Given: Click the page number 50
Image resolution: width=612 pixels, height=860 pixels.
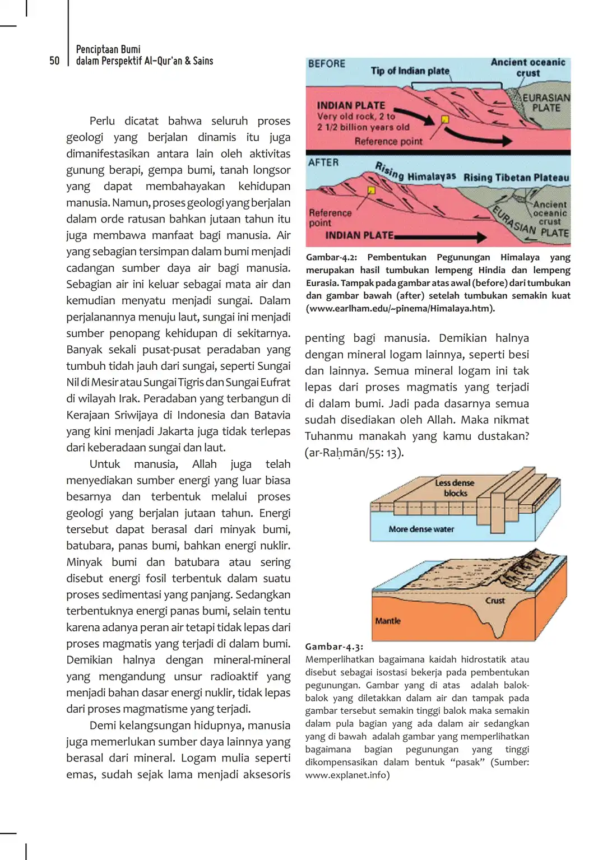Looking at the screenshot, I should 54,61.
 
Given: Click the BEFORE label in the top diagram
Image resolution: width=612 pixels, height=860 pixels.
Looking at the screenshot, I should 326,64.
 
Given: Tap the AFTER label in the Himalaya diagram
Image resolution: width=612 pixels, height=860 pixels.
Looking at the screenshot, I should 323,162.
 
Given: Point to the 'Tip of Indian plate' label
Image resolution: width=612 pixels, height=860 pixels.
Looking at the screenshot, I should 410,71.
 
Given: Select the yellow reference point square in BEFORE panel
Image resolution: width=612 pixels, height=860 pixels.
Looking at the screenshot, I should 445,119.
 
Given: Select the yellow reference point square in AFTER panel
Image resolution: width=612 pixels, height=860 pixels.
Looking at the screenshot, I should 371,190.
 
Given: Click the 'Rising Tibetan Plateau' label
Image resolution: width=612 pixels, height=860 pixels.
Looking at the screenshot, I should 516,178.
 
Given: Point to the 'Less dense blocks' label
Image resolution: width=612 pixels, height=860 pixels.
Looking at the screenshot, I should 455,488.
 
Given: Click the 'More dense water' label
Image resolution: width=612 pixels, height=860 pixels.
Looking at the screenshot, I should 421,529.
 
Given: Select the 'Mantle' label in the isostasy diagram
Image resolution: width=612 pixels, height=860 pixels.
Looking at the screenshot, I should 388,621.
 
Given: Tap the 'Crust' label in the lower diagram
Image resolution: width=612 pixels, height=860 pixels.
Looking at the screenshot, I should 495,601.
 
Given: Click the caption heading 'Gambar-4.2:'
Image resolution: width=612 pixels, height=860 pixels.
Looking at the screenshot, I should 331,257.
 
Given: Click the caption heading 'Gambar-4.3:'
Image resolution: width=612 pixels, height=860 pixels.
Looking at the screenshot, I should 334,647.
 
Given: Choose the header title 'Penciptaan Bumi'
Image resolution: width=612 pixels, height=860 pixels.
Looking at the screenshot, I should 108,49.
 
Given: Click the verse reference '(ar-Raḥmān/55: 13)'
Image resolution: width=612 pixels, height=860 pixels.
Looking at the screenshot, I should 354,453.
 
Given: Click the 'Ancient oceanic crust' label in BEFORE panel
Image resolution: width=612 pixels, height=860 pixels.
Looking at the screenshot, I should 528,68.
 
